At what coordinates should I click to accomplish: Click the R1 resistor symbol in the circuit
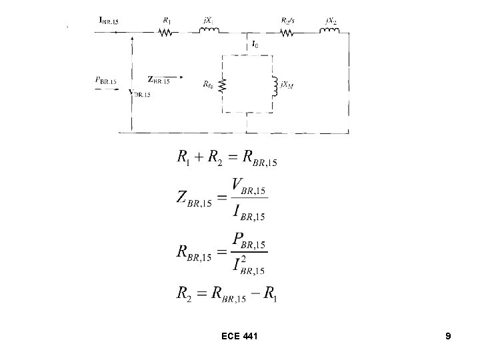tap(165, 31)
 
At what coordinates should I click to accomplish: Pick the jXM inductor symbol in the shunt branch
tap(273, 85)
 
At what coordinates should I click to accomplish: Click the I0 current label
tap(256, 45)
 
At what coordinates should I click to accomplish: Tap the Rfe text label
tap(207, 85)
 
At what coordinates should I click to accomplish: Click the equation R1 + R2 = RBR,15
tap(227, 159)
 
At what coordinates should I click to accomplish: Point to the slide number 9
tap(448, 337)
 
